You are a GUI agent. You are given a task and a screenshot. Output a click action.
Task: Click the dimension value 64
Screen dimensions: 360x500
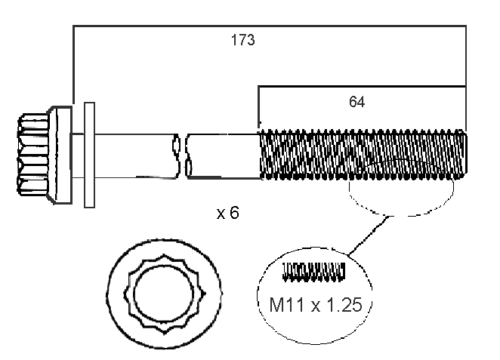pyautogui.click(x=357, y=102)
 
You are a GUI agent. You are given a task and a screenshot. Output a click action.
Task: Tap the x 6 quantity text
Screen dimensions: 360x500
pyautogui.click(x=227, y=214)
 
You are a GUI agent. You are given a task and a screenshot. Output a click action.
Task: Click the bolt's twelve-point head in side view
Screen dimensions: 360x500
pyautogui.click(x=34, y=156)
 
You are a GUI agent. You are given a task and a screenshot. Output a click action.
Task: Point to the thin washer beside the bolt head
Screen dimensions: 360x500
pyautogui.click(x=89, y=155)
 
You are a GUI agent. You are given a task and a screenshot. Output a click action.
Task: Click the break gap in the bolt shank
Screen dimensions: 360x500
pyautogui.click(x=182, y=156)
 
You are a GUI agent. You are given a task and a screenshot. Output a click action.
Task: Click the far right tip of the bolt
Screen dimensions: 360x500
pyautogui.click(x=463, y=154)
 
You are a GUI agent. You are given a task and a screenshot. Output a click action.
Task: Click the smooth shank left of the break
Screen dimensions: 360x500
pyautogui.click(x=136, y=156)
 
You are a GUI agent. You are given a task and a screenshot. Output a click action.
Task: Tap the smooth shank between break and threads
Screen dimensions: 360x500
pyautogui.click(x=223, y=156)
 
